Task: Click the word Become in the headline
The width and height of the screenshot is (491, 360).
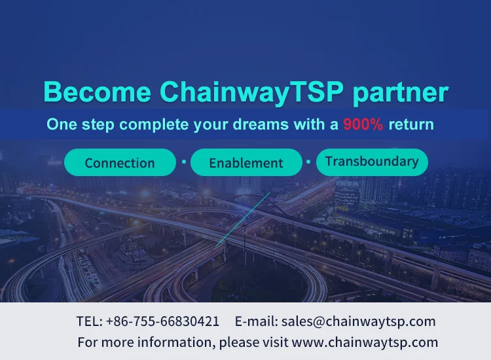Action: pyautogui.click(x=98, y=92)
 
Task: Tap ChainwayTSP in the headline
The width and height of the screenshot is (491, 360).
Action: pyautogui.click(x=252, y=92)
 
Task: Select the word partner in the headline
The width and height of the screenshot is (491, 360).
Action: pyautogui.click(x=401, y=94)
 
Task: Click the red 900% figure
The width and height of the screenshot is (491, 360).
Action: pyautogui.click(x=363, y=124)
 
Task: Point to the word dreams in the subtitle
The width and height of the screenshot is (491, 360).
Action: pyautogui.click(x=261, y=124)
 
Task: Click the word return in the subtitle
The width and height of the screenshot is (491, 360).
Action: pyautogui.click(x=411, y=124)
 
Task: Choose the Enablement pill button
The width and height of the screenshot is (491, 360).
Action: pyautogui.click(x=246, y=162)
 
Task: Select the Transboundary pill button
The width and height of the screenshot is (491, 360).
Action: pyautogui.click(x=372, y=162)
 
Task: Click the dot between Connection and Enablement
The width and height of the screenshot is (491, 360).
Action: pyautogui.click(x=184, y=162)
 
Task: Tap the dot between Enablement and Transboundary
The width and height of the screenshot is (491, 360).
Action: pyautogui.click(x=308, y=162)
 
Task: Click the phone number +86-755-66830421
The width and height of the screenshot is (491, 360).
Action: pyautogui.click(x=162, y=321)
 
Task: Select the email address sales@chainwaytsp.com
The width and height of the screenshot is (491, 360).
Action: pyautogui.click(x=359, y=322)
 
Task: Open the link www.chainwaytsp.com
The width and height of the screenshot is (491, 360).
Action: pyautogui.click(x=365, y=342)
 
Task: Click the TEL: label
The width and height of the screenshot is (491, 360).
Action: pyautogui.click(x=90, y=321)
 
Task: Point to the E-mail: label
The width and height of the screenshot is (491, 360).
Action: pyautogui.click(x=257, y=321)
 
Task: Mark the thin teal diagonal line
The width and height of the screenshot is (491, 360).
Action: pyautogui.click(x=243, y=219)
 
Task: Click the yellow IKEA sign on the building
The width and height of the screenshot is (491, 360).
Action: pyautogui.click(x=348, y=184)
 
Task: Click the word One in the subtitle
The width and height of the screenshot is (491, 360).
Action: pyautogui.click(x=62, y=124)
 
